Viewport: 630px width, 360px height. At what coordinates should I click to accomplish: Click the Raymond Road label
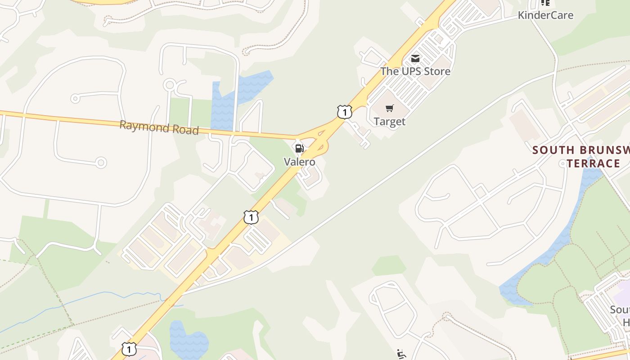pyautogui.click(x=159, y=127)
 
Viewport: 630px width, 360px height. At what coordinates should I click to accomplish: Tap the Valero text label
pyautogui.click(x=299, y=162)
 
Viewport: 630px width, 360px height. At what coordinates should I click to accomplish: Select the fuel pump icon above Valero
pyautogui.click(x=299, y=148)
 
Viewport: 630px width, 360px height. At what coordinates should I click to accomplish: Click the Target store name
pyautogui.click(x=390, y=121)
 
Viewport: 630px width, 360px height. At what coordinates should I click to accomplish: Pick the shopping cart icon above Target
pyautogui.click(x=390, y=108)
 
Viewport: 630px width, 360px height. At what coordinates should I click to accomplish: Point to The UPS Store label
pyautogui.click(x=415, y=71)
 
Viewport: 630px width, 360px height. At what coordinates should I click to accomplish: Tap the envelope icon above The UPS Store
pyautogui.click(x=415, y=58)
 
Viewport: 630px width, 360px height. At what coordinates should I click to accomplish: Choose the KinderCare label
pyautogui.click(x=545, y=15)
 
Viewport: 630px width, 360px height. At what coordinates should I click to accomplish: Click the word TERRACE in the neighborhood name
pyautogui.click(x=593, y=163)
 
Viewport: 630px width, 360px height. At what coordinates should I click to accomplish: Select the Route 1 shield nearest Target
pyautogui.click(x=344, y=112)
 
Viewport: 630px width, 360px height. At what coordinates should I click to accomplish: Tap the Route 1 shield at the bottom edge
pyautogui.click(x=129, y=348)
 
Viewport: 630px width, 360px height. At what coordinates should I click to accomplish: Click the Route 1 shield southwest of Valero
pyautogui.click(x=251, y=217)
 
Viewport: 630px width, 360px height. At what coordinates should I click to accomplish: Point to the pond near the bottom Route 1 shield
pyautogui.click(x=188, y=340)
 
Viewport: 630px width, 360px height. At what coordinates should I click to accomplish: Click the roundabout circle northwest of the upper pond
pyautogui.click(x=170, y=85)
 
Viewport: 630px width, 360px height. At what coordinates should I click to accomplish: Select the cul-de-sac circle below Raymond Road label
pyautogui.click(x=101, y=162)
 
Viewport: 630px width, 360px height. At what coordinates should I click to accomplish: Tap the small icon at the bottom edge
pyautogui.click(x=401, y=355)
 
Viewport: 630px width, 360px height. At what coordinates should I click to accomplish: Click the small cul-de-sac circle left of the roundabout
pyautogui.click(x=76, y=98)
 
